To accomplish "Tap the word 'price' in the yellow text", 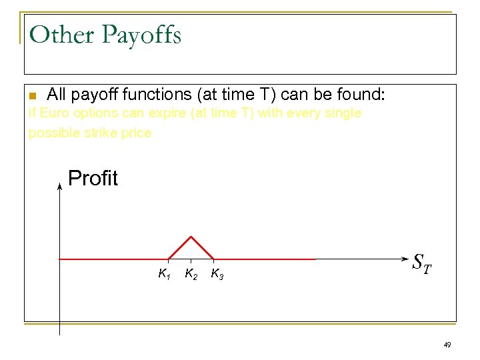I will coord(136,133).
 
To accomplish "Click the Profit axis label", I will coord(93,179).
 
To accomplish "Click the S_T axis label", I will coord(421,262).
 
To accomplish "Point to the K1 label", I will coord(164,273).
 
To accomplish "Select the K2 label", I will coord(190,273).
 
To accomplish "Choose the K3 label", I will coord(217,273).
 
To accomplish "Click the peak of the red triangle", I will coord(191,236).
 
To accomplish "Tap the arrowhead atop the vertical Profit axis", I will coord(59,187).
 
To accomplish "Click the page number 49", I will coord(447,345).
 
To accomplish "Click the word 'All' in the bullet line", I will coord(57,95).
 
